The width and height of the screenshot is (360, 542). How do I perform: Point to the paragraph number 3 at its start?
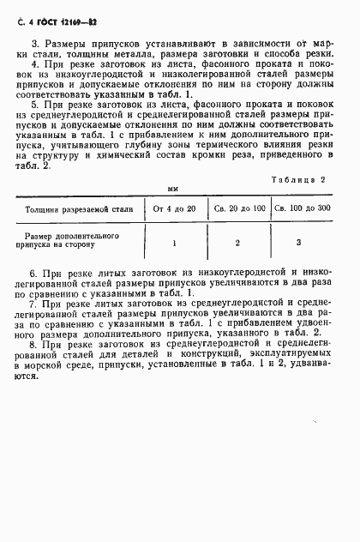[35, 42]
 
